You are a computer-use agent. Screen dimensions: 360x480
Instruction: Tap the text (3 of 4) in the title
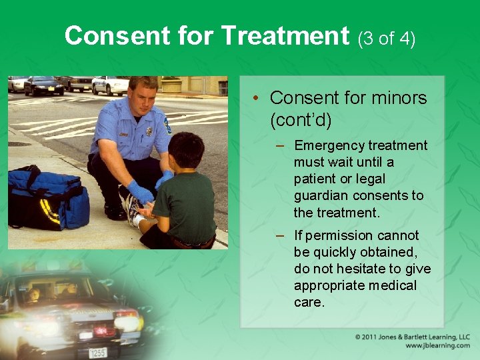pos(387,38)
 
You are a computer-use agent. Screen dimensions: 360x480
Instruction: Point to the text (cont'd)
pos(301,120)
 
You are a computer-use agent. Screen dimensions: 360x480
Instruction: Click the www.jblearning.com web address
pos(437,346)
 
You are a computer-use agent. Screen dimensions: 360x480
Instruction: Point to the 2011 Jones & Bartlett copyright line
pos(413,337)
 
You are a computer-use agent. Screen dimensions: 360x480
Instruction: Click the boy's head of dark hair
pos(186,150)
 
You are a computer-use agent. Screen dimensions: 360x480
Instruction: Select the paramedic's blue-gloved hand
pos(141,193)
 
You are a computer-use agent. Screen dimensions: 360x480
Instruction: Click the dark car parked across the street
pos(44,85)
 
